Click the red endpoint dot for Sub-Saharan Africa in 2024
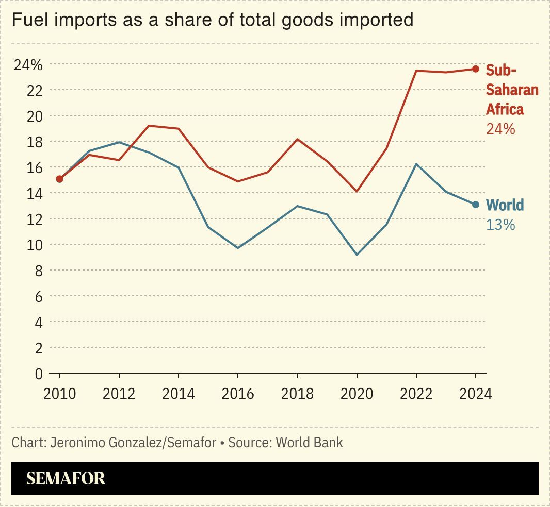coord(476,69)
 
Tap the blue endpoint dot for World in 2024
coord(476,205)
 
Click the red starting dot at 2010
coord(60,179)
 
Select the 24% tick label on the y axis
coord(28,65)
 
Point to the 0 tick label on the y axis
coord(38,374)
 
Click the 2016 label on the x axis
coord(238,394)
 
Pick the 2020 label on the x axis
coord(357,394)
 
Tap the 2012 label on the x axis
coord(119,394)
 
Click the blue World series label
coord(505,205)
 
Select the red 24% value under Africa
coord(500,129)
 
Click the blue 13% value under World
coord(500,225)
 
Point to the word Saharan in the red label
coord(512,90)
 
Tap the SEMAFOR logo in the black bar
coord(66,478)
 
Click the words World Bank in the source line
coord(309,443)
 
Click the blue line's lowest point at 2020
coord(357,255)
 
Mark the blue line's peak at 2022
coord(416,164)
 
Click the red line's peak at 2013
coord(149,125)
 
